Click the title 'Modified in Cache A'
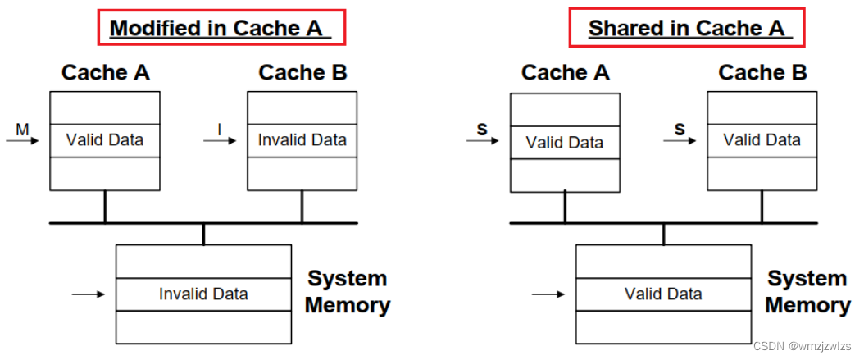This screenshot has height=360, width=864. tap(220, 28)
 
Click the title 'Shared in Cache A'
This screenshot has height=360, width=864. tap(687, 28)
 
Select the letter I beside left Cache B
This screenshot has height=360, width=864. tap(219, 128)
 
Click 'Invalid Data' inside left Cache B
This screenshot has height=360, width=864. tap(302, 140)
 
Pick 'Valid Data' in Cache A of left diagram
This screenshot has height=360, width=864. tap(104, 140)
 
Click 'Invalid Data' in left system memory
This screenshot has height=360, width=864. tap(203, 294)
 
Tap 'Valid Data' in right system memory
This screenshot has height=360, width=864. tap(663, 294)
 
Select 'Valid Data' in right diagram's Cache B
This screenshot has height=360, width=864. tap(762, 140)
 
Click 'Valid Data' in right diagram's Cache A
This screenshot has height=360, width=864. tap(564, 143)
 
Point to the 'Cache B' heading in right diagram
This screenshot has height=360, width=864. tap(762, 73)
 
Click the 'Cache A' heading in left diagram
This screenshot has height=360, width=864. tap(105, 73)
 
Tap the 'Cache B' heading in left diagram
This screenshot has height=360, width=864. tap(302, 73)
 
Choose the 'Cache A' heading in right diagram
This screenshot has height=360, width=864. tap(565, 73)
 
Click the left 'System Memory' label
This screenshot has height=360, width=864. tap(347, 292)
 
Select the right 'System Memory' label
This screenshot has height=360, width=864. tap(807, 292)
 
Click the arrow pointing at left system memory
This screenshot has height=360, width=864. tap(89, 294)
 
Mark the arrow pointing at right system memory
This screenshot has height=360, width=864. tap(548, 294)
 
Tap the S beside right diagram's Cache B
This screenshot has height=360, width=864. tap(679, 129)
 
